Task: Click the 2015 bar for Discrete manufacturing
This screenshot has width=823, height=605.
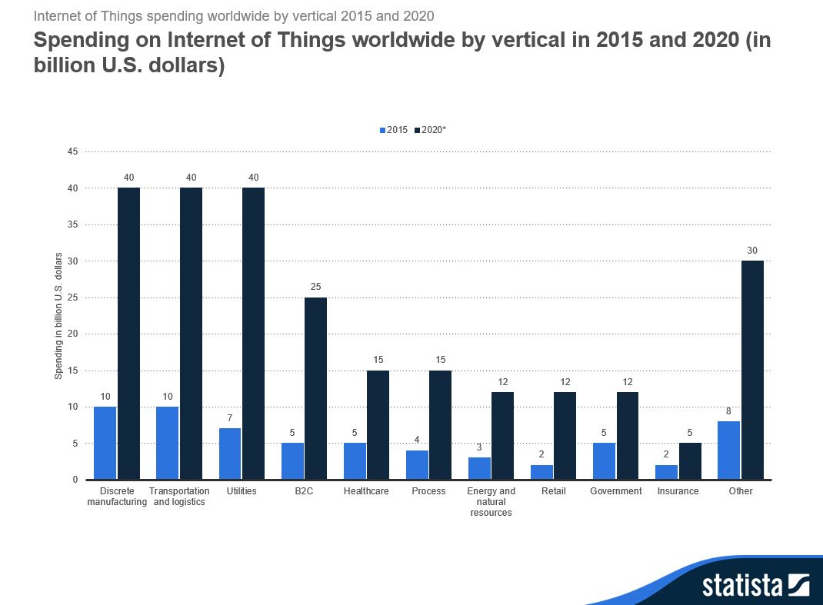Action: click(x=105, y=443)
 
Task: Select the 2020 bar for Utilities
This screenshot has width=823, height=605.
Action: click(x=253, y=334)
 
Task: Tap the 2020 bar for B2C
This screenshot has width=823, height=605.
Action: click(x=315, y=388)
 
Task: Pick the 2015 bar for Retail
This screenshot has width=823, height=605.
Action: click(x=541, y=472)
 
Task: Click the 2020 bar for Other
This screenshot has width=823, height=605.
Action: click(x=751, y=370)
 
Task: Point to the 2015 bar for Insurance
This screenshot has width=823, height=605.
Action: click(x=666, y=472)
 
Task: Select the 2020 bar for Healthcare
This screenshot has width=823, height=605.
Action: click(x=378, y=424)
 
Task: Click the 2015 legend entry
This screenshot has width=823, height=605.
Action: click(x=393, y=131)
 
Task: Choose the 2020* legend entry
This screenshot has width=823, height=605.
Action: click(x=430, y=131)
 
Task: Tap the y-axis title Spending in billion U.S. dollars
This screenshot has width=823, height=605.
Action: click(x=58, y=315)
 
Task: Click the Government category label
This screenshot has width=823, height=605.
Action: click(x=615, y=491)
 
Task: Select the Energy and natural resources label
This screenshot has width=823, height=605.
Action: click(x=491, y=502)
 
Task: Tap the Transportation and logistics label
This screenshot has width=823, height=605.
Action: click(x=179, y=497)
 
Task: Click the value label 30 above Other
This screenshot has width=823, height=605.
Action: click(x=751, y=251)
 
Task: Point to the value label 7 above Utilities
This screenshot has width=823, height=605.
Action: click(x=229, y=417)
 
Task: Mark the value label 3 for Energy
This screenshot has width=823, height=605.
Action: click(x=479, y=447)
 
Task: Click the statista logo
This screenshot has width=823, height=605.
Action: click(x=755, y=586)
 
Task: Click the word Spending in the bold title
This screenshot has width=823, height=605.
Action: click(x=85, y=42)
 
